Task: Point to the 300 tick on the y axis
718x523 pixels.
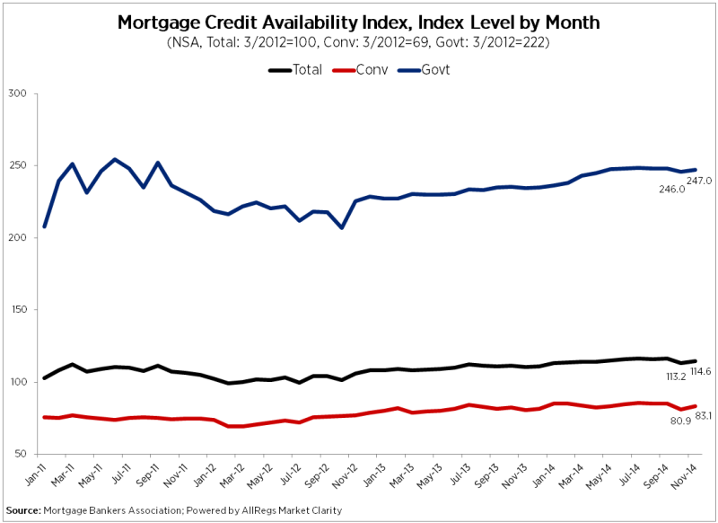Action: click(17, 93)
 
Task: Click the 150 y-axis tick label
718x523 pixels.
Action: click(17, 310)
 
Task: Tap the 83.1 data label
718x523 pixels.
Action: click(701, 414)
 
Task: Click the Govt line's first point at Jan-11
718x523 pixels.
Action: click(45, 226)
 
